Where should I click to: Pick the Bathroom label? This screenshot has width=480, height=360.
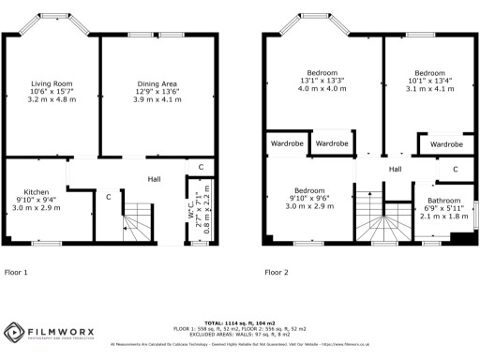point(443,201)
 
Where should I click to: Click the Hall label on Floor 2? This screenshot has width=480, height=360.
point(395,169)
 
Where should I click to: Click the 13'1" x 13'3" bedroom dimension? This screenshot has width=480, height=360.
point(322,82)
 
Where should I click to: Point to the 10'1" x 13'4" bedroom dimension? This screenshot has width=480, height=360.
point(429,82)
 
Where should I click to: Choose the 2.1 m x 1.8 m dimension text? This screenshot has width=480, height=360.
point(443,217)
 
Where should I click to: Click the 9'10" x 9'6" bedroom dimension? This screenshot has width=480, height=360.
point(308,199)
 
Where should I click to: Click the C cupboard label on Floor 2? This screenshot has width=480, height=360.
point(454,170)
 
